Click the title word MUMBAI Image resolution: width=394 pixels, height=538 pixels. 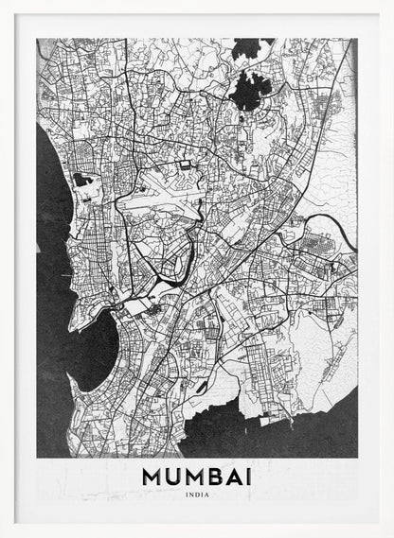point(197,477)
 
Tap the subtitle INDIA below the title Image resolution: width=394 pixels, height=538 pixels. point(197,495)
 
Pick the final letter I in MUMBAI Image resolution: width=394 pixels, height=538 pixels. point(248,477)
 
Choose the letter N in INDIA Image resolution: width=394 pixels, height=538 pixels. point(192,495)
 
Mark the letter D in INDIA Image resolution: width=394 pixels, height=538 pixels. point(198,495)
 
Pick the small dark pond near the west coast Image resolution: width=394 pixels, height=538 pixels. point(82,179)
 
